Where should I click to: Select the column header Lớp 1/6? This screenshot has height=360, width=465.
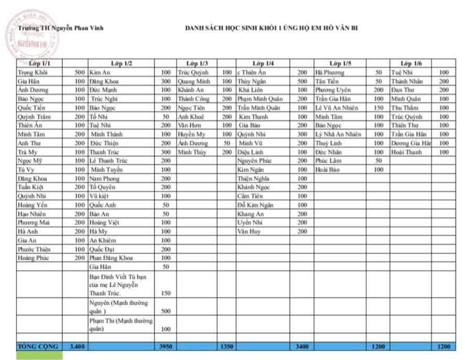411,63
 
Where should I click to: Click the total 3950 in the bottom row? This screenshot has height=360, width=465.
166,347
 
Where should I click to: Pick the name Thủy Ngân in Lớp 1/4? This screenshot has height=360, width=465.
251,81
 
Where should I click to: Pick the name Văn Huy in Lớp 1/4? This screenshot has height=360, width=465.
249,231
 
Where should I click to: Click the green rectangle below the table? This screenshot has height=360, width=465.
39,355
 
